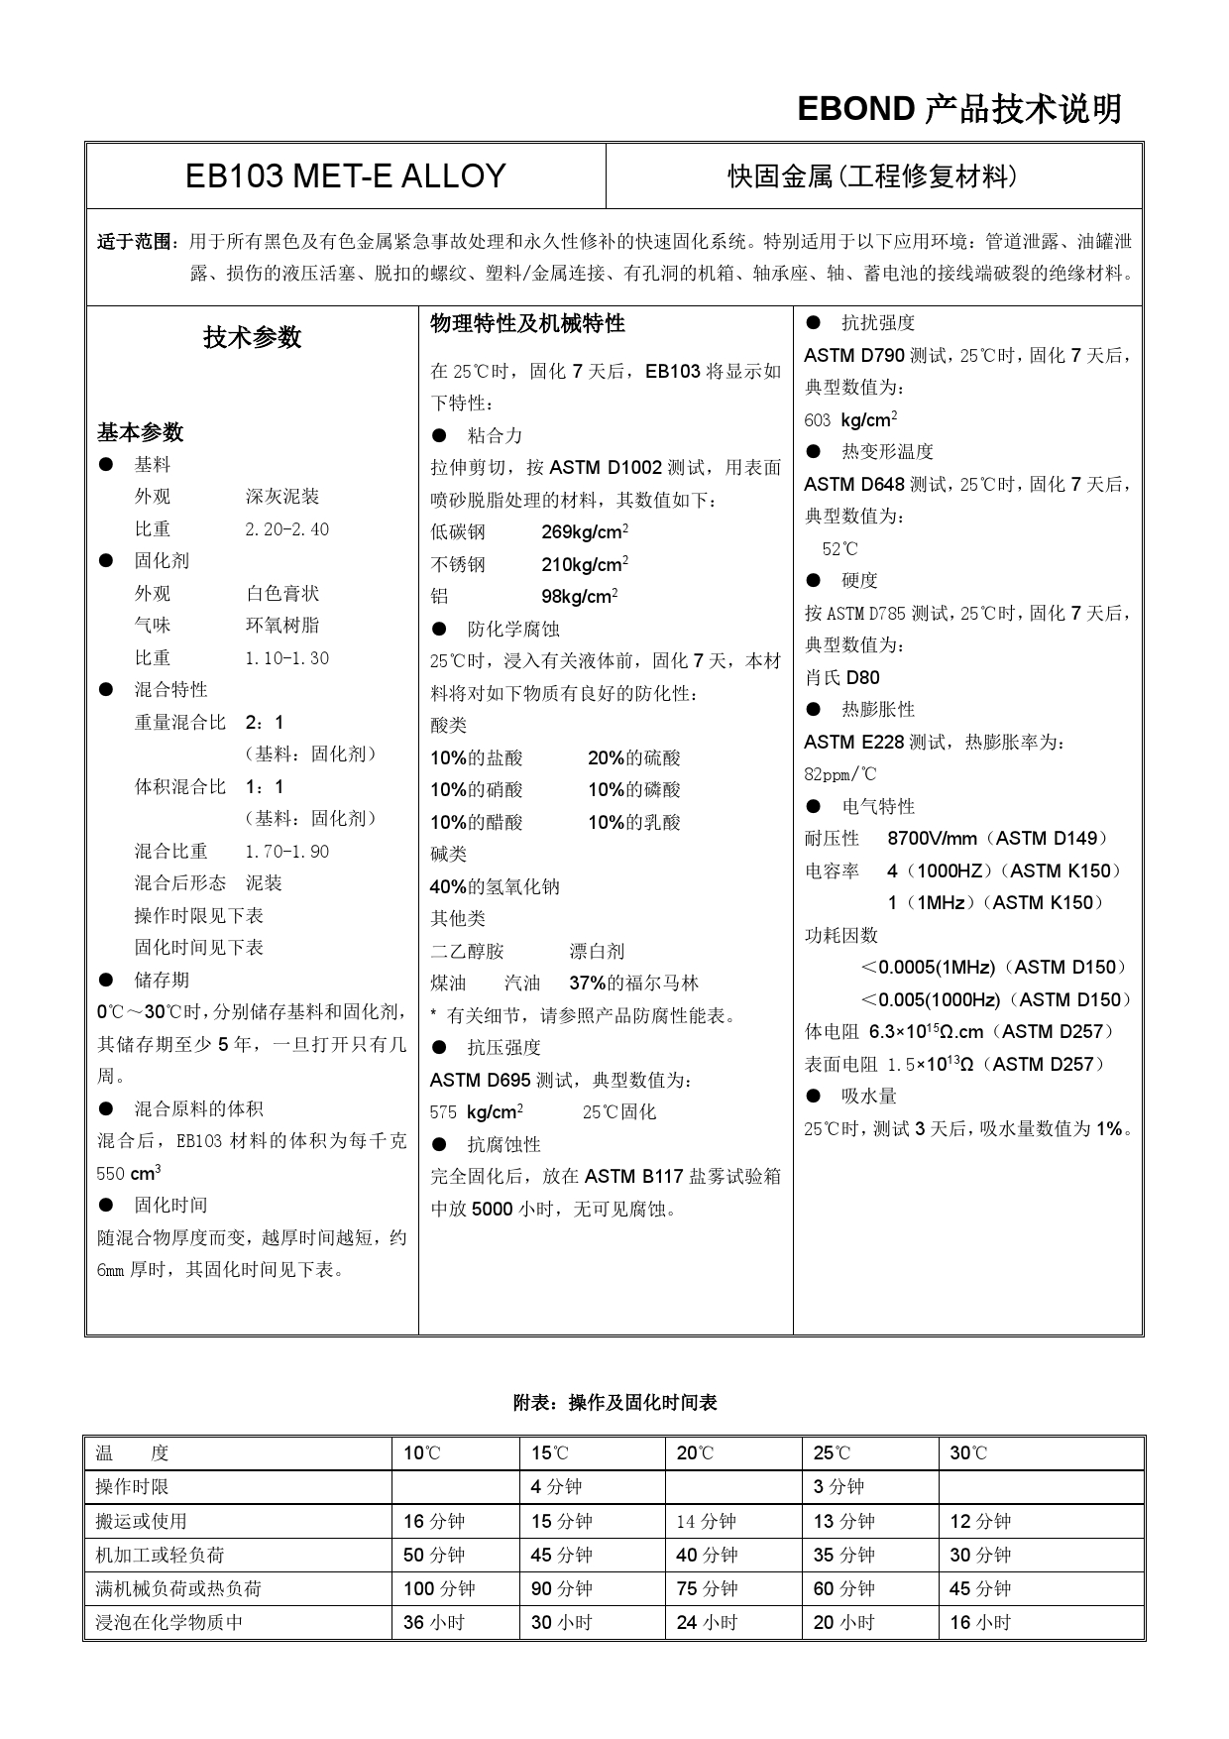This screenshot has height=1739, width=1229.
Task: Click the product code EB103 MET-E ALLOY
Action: (345, 176)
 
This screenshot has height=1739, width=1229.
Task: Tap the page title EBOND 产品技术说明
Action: (958, 109)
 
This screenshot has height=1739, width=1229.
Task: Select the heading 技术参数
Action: (252, 338)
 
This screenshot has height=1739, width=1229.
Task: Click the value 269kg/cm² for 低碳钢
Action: (585, 532)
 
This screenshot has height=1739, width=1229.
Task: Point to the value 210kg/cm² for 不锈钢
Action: (585, 565)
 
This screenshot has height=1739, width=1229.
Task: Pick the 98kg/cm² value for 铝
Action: (580, 597)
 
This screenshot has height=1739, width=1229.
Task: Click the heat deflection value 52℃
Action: (839, 549)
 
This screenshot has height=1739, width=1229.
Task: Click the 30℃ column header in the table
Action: (968, 1453)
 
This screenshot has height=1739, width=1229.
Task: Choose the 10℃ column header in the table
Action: (422, 1453)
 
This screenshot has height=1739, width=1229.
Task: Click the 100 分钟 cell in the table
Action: (439, 1588)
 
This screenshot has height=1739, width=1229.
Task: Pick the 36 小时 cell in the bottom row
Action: (434, 1622)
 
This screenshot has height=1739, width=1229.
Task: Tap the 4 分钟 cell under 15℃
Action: (556, 1487)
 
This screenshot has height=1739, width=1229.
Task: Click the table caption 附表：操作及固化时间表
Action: (614, 1403)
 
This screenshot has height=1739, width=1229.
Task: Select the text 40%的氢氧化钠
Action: (495, 887)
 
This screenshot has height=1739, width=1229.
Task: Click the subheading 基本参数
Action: (140, 432)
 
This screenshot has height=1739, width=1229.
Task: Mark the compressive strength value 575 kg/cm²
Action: (477, 1112)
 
